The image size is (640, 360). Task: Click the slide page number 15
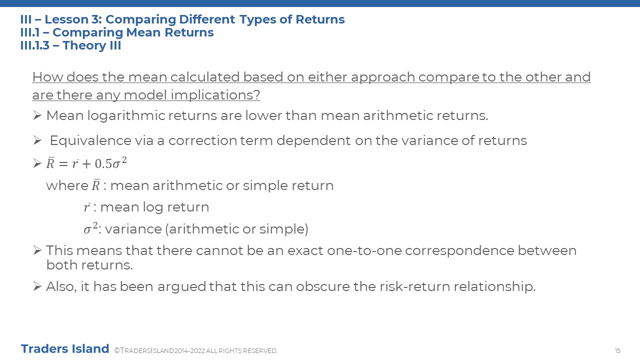click(617, 350)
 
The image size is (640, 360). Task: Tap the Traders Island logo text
click(65, 349)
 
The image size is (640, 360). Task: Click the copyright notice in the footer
click(195, 350)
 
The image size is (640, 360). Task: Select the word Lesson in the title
click(66, 19)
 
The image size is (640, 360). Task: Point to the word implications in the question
click(215, 95)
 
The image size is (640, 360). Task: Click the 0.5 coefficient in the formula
click(103, 163)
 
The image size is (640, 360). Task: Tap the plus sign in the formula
click(86, 164)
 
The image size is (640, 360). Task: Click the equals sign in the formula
click(63, 164)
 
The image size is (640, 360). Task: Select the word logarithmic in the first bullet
click(126, 115)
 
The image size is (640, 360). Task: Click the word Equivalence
click(90, 140)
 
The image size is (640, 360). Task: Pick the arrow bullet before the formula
click(37, 163)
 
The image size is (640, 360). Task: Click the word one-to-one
click(364, 250)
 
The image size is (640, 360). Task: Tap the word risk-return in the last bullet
click(415, 286)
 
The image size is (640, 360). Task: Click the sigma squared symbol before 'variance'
click(91, 228)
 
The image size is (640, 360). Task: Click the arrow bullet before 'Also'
click(37, 286)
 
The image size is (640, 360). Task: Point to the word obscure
click(323, 286)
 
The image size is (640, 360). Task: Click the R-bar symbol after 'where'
click(95, 185)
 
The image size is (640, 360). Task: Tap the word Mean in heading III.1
click(143, 32)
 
